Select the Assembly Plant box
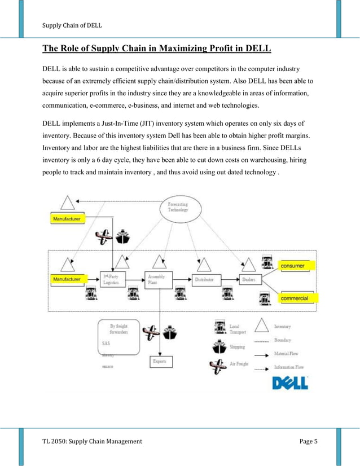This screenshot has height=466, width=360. pyautogui.click(x=159, y=280)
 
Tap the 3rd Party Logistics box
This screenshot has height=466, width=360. pyautogui.click(x=115, y=280)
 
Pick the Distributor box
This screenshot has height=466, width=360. pyautogui.click(x=204, y=280)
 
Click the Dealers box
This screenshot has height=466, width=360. pyautogui.click(x=248, y=280)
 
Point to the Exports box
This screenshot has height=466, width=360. pyautogui.click(x=160, y=361)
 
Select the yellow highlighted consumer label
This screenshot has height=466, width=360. pyautogui.click(x=297, y=265)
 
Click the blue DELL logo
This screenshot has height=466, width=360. pyautogui.click(x=290, y=384)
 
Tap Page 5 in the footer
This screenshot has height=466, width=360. pyautogui.click(x=308, y=440)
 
